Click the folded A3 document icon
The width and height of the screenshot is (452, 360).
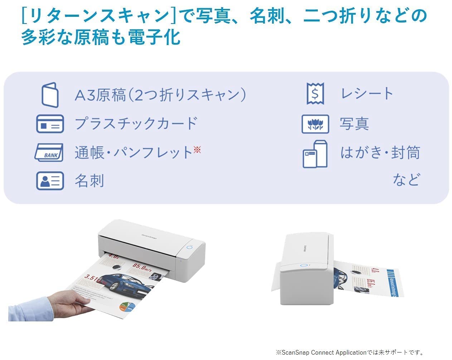tap(50, 95)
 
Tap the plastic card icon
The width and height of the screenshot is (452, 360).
tap(50, 124)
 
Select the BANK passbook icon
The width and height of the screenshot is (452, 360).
tap(49, 153)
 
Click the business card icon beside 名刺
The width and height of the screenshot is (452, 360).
tap(50, 181)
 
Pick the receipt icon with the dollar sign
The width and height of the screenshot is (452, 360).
tap(315, 94)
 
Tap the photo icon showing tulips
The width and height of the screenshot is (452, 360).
tap(315, 124)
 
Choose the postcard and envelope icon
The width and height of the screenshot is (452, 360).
tap(315, 154)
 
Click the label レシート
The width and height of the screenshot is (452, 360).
tap(367, 94)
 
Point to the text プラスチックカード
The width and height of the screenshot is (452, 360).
tap(136, 124)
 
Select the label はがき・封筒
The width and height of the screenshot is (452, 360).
tap(380, 153)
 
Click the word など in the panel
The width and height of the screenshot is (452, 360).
tap(406, 179)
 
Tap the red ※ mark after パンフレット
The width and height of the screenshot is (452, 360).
tap(197, 149)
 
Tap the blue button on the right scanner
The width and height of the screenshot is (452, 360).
tap(303, 266)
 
